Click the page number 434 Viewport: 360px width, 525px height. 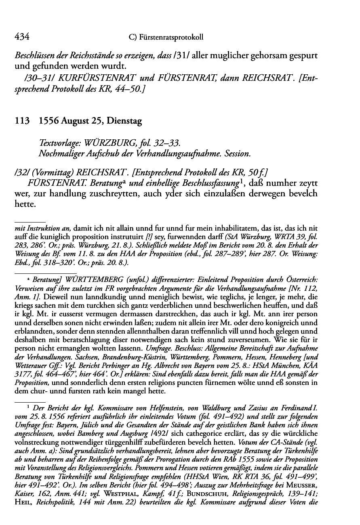coord(21,37)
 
